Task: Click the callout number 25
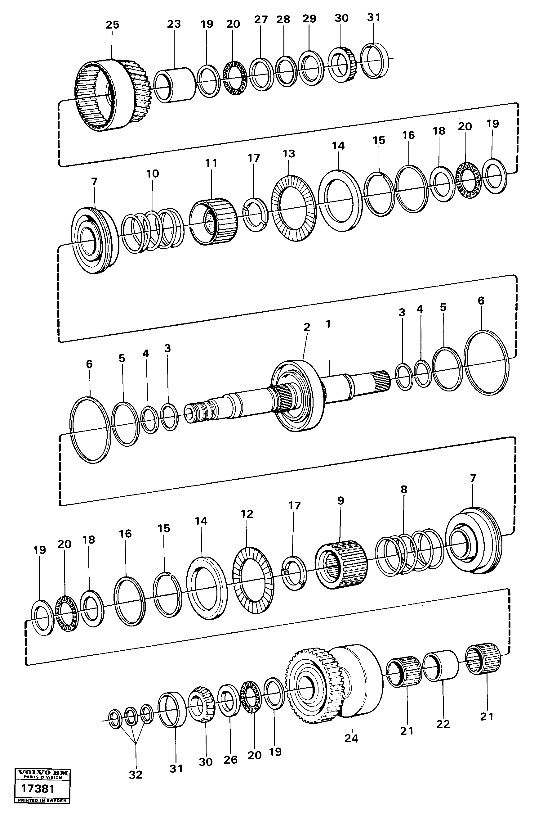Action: tap(112, 25)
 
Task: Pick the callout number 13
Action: tap(288, 154)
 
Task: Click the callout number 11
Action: tap(211, 163)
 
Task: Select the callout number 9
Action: tap(340, 501)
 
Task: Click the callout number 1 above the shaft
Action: tap(328, 324)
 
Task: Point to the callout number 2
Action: tap(307, 327)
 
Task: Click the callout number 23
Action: tap(174, 24)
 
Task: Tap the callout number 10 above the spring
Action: tap(152, 174)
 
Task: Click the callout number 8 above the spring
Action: tap(403, 489)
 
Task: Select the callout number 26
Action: tap(230, 760)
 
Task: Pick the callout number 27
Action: tap(261, 20)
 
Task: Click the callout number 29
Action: tap(309, 18)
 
